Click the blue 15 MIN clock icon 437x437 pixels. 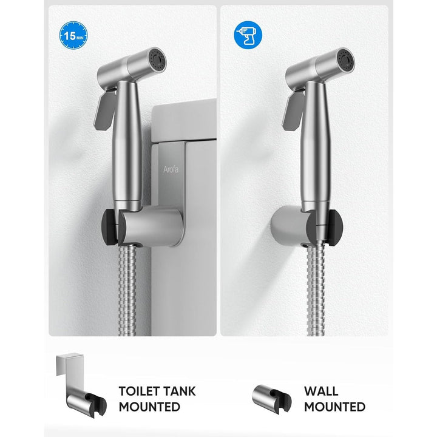click(x=73, y=35)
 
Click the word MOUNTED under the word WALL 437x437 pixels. click(x=334, y=407)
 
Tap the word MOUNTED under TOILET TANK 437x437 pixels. click(x=149, y=407)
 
